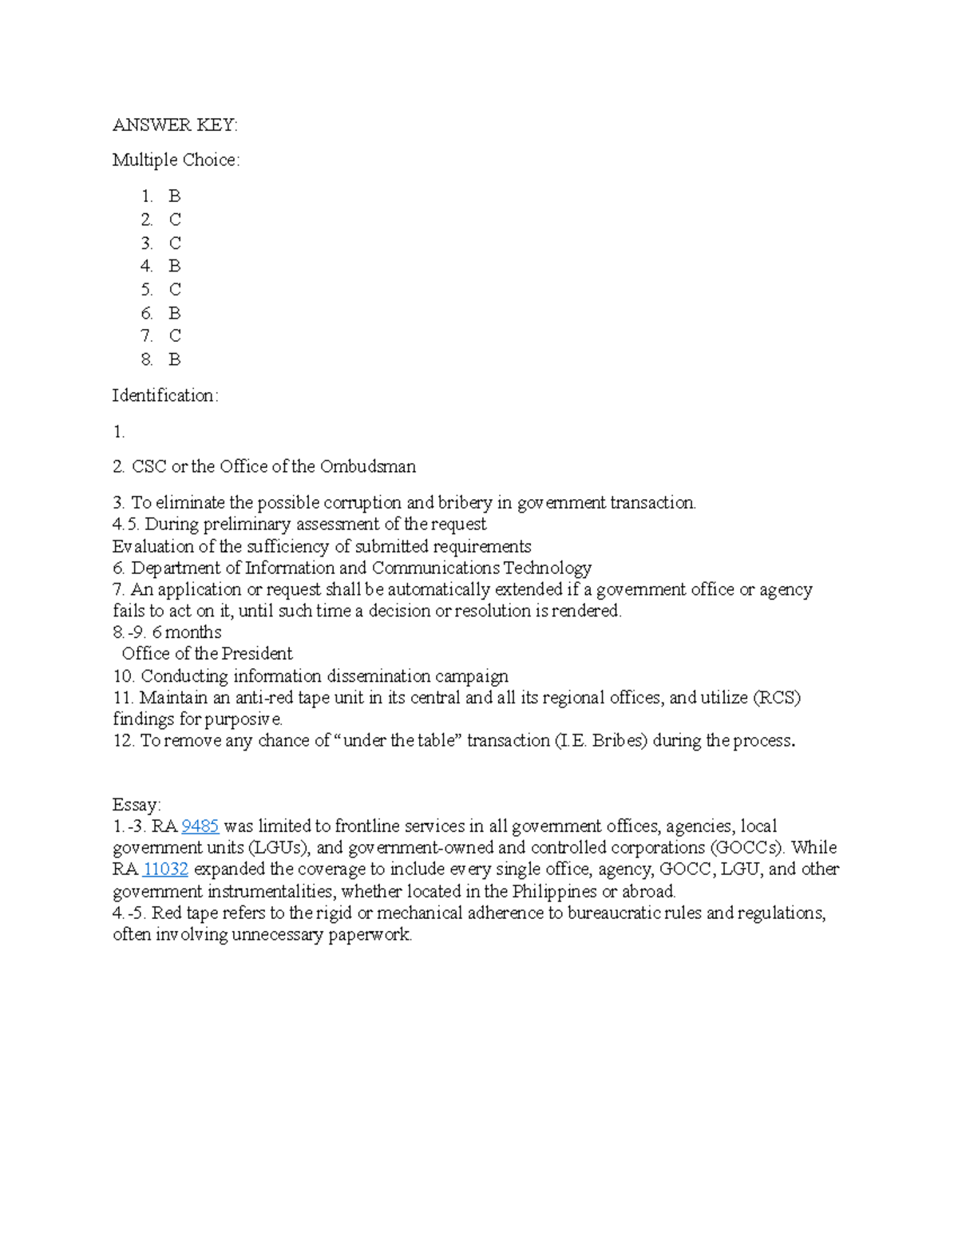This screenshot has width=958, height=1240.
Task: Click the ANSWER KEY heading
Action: pyautogui.click(x=175, y=125)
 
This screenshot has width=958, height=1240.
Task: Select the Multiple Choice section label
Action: pyautogui.click(x=176, y=160)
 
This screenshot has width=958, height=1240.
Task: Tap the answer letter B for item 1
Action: pyautogui.click(x=175, y=196)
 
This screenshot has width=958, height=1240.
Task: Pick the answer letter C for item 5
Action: pyautogui.click(x=175, y=290)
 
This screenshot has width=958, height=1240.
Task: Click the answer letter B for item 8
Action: pyautogui.click(x=175, y=360)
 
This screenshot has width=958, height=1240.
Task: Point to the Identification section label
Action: pyautogui.click(x=164, y=395)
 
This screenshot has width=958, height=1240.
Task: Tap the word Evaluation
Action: pyautogui.click(x=153, y=547)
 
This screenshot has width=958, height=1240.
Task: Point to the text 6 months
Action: pyautogui.click(x=187, y=632)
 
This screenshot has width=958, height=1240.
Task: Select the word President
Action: pyautogui.click(x=257, y=654)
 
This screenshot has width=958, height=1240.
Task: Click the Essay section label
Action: pyautogui.click(x=137, y=805)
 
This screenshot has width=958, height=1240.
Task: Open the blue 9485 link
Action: pyautogui.click(x=200, y=826)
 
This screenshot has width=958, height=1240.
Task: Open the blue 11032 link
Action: pyautogui.click(x=165, y=870)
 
